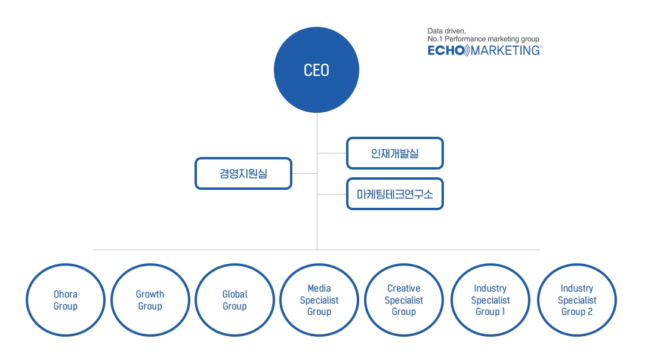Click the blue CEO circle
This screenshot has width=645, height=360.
(x=316, y=70)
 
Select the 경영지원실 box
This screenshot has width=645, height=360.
(x=243, y=173)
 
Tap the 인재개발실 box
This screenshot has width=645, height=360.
(x=394, y=153)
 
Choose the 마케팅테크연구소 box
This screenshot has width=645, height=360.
(x=394, y=194)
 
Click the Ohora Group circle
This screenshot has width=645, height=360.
(x=66, y=300)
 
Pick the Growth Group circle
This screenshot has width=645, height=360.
(x=150, y=300)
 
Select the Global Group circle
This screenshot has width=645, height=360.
(x=234, y=300)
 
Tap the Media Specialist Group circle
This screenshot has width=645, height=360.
(x=319, y=300)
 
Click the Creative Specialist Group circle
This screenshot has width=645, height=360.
(x=404, y=300)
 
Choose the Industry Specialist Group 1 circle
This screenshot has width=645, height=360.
(x=490, y=300)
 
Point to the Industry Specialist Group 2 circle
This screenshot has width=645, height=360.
(x=577, y=300)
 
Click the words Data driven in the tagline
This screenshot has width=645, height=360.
(x=446, y=30)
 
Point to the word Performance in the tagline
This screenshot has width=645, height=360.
(x=466, y=39)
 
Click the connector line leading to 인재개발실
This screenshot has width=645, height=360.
(x=332, y=153)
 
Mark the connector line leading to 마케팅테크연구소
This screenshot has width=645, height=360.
(x=332, y=194)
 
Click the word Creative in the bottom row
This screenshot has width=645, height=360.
(x=404, y=288)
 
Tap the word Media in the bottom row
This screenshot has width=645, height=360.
(x=319, y=288)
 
